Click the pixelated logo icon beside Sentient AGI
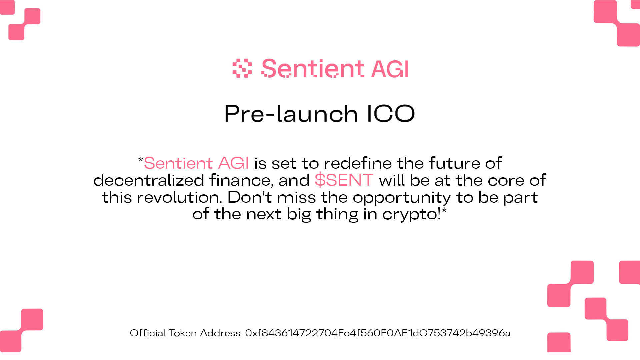[x=242, y=68]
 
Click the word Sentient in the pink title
[x=313, y=69]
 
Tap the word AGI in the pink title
[x=390, y=69]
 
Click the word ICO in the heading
[x=391, y=113]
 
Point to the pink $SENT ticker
[x=344, y=180]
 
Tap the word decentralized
[x=149, y=180]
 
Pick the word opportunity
[x=402, y=198]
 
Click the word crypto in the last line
[x=411, y=214]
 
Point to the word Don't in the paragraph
[x=250, y=197]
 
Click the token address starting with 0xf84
[x=378, y=333]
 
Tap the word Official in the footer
[x=148, y=333]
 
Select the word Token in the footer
[x=182, y=333]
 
